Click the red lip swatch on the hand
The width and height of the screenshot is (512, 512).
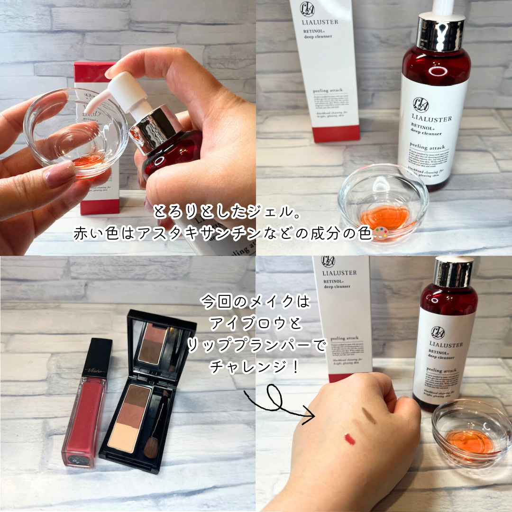pos(350,439)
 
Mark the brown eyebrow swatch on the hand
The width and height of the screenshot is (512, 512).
pos(369,415)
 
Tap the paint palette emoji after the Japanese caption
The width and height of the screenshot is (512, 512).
pos(381,234)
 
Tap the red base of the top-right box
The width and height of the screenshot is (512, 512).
pos(336,134)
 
